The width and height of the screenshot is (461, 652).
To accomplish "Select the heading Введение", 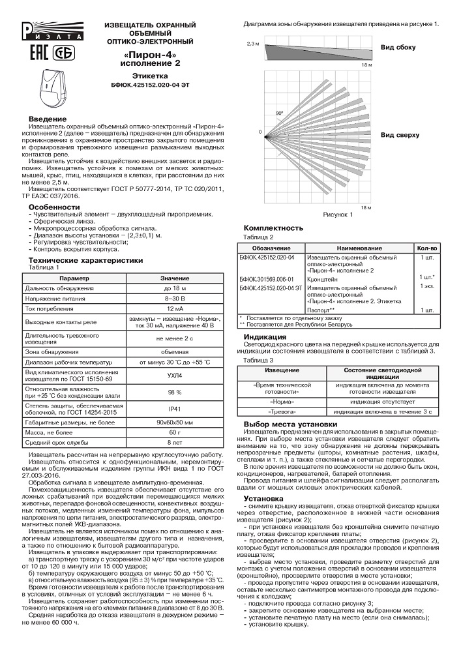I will (x=47, y=119).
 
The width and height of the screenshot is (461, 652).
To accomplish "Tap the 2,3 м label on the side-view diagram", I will (x=253, y=44).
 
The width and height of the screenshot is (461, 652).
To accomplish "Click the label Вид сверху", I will (x=400, y=135).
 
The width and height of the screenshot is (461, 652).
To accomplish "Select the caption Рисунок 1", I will (x=338, y=215).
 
